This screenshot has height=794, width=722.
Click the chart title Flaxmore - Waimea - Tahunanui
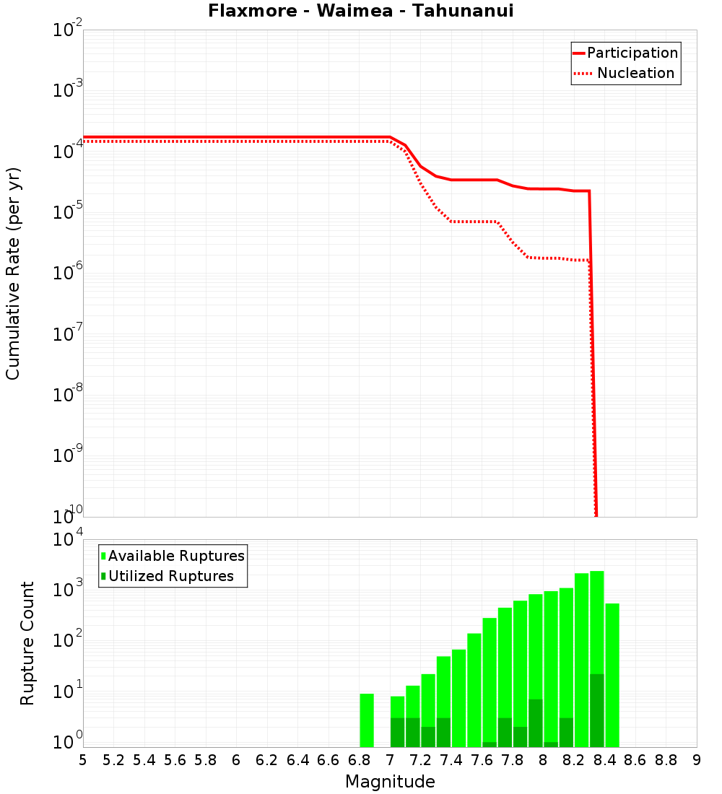pos(360,12)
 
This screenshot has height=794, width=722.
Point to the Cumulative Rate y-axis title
pos(14,273)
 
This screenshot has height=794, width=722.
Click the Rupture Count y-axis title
pos(27,643)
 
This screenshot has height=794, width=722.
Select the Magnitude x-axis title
pos(390,782)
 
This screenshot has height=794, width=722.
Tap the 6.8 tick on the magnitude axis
pos(359,760)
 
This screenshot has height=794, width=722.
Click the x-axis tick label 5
pos(83,760)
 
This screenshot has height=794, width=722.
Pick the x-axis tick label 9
pos(697,760)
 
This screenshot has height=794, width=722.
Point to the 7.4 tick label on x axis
pos(451,760)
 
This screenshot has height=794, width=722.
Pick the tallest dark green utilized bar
pos(597,710)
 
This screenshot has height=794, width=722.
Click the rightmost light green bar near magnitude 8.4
pos(612,675)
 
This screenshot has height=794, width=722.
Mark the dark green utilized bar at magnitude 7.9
pos(536,723)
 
